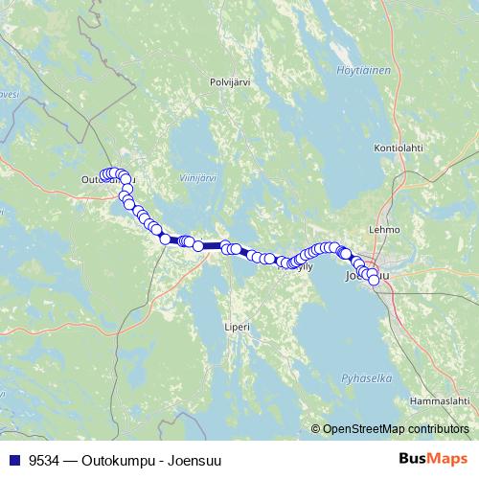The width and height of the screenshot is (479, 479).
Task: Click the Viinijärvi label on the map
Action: [198, 177]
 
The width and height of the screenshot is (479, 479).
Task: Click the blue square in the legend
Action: [13, 459]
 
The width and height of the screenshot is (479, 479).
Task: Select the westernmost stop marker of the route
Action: [103, 174]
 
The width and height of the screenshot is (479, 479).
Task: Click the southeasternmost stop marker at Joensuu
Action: [374, 281]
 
